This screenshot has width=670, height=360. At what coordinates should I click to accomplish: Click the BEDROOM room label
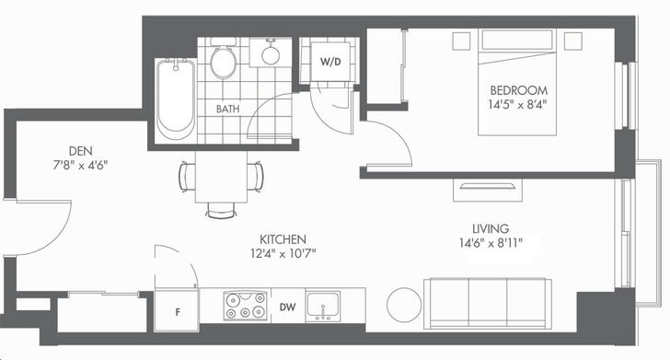(518, 90)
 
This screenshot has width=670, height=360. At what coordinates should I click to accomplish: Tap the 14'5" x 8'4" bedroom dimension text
(518, 105)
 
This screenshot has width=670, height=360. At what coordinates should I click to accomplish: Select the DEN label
(81, 151)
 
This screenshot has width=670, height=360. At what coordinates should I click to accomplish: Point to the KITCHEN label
(283, 239)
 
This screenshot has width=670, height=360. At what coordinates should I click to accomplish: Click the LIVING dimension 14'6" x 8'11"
(491, 243)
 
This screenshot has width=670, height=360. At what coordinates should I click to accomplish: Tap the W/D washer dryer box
(330, 62)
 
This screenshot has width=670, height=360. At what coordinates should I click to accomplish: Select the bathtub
(176, 99)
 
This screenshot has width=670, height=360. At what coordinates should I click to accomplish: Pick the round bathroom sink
(271, 54)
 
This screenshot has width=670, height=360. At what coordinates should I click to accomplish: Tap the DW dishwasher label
(287, 307)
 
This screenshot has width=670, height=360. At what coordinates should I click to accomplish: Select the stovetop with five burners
(245, 306)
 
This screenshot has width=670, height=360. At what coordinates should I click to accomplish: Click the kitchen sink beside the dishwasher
(323, 307)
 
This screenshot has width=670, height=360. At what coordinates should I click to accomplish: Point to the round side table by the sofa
(404, 305)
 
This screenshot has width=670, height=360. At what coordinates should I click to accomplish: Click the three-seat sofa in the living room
(488, 304)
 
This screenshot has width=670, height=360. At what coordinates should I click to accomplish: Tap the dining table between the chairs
(221, 177)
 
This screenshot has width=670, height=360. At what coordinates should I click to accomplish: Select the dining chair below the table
(221, 210)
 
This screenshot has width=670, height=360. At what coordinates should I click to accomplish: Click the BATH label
(227, 109)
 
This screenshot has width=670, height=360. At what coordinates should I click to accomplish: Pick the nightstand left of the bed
(461, 41)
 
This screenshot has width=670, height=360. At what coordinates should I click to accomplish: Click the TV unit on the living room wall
(488, 190)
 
